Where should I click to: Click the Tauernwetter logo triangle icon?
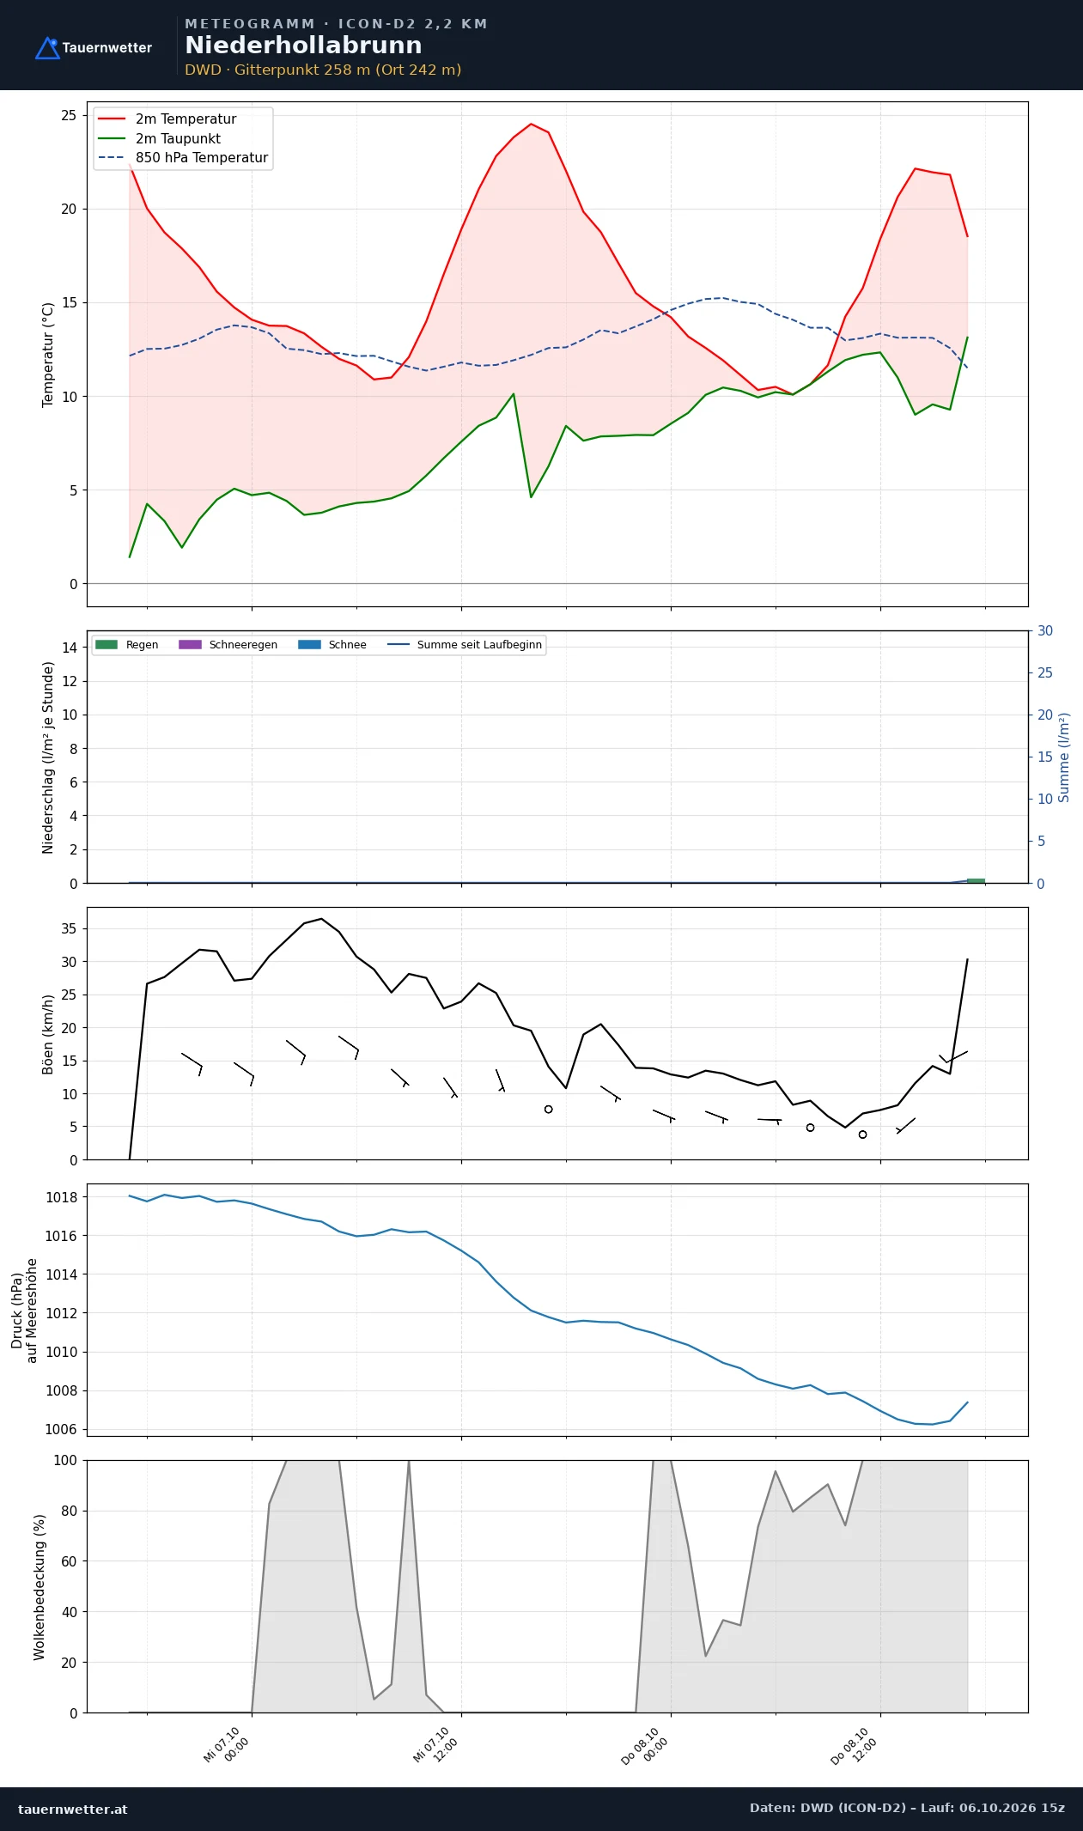tap(47, 48)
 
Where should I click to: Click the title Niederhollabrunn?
tap(303, 46)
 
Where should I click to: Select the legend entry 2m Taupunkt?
tap(160, 138)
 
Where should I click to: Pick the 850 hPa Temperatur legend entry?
tap(183, 158)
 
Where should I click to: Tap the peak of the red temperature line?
tap(531, 124)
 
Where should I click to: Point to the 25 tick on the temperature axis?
tap(69, 115)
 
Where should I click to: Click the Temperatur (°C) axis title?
tap(48, 354)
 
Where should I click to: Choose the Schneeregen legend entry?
tap(228, 645)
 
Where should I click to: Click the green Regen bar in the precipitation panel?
tap(976, 880)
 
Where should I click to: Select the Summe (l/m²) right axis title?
tap(1064, 757)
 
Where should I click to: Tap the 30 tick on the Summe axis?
tap(1045, 630)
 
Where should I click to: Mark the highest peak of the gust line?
tap(321, 919)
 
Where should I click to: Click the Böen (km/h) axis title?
tap(48, 1034)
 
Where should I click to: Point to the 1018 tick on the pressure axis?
tap(61, 1197)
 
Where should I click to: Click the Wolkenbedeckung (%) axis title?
tap(40, 1587)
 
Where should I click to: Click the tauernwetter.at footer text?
tap(72, 1810)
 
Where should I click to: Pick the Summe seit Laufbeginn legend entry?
tap(465, 645)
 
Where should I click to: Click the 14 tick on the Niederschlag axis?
tap(69, 648)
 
